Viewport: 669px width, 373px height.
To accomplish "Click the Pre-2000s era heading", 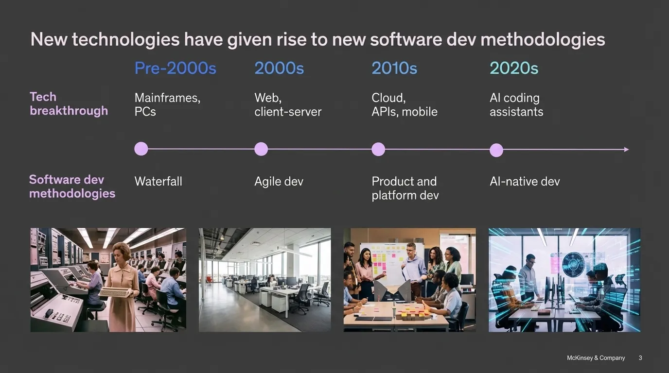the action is point(176,68).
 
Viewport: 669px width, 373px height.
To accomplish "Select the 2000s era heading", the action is point(279,68).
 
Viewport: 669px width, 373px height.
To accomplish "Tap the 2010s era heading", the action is point(394,68).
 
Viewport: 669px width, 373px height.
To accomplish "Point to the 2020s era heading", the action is point(514,68).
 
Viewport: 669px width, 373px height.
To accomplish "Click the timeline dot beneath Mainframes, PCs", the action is point(141,149).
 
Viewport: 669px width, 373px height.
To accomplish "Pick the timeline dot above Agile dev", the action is point(261,149).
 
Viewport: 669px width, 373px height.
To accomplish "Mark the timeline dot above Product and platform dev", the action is point(378,149).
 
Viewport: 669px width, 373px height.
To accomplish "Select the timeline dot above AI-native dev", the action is point(496,150).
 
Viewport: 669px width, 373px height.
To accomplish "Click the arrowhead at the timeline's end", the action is point(627,150).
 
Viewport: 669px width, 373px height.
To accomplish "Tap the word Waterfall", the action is point(158,182).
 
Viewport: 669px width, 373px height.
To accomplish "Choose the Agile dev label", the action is point(279,182).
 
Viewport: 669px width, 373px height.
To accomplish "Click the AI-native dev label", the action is point(525,182).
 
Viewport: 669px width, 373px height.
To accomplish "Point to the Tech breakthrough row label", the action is point(69,104).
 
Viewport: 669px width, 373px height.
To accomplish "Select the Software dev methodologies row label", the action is point(72,186).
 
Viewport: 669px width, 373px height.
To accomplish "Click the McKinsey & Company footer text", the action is point(596,358).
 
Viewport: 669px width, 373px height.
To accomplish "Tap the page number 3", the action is point(640,358).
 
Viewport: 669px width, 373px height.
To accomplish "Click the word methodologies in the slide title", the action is point(543,39).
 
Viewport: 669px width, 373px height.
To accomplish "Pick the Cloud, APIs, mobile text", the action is point(405,105).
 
